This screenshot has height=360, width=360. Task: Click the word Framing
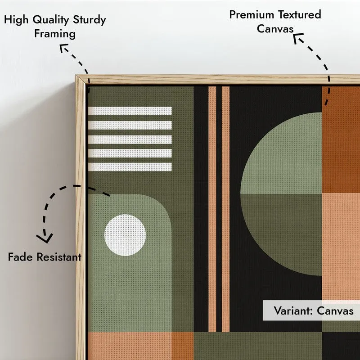(x=55, y=34)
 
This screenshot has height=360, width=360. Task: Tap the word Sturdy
(x=89, y=20)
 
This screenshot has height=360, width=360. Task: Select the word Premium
(x=252, y=15)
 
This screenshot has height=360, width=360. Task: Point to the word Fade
(x=20, y=257)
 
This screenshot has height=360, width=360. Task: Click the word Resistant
(x=59, y=257)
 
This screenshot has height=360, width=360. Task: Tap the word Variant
(x=293, y=311)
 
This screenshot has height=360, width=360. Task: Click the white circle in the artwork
(x=125, y=235)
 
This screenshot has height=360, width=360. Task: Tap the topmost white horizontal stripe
(x=130, y=111)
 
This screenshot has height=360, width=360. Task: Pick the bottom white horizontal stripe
(x=130, y=167)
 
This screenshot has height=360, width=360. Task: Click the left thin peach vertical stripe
(x=212, y=209)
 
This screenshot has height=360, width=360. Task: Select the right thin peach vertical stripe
(x=226, y=209)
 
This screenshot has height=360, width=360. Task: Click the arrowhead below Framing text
(x=63, y=48)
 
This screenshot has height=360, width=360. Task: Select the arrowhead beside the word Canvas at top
(x=298, y=38)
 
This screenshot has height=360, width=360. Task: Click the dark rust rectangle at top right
(x=341, y=139)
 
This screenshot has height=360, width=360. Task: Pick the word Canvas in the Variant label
(x=335, y=311)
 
